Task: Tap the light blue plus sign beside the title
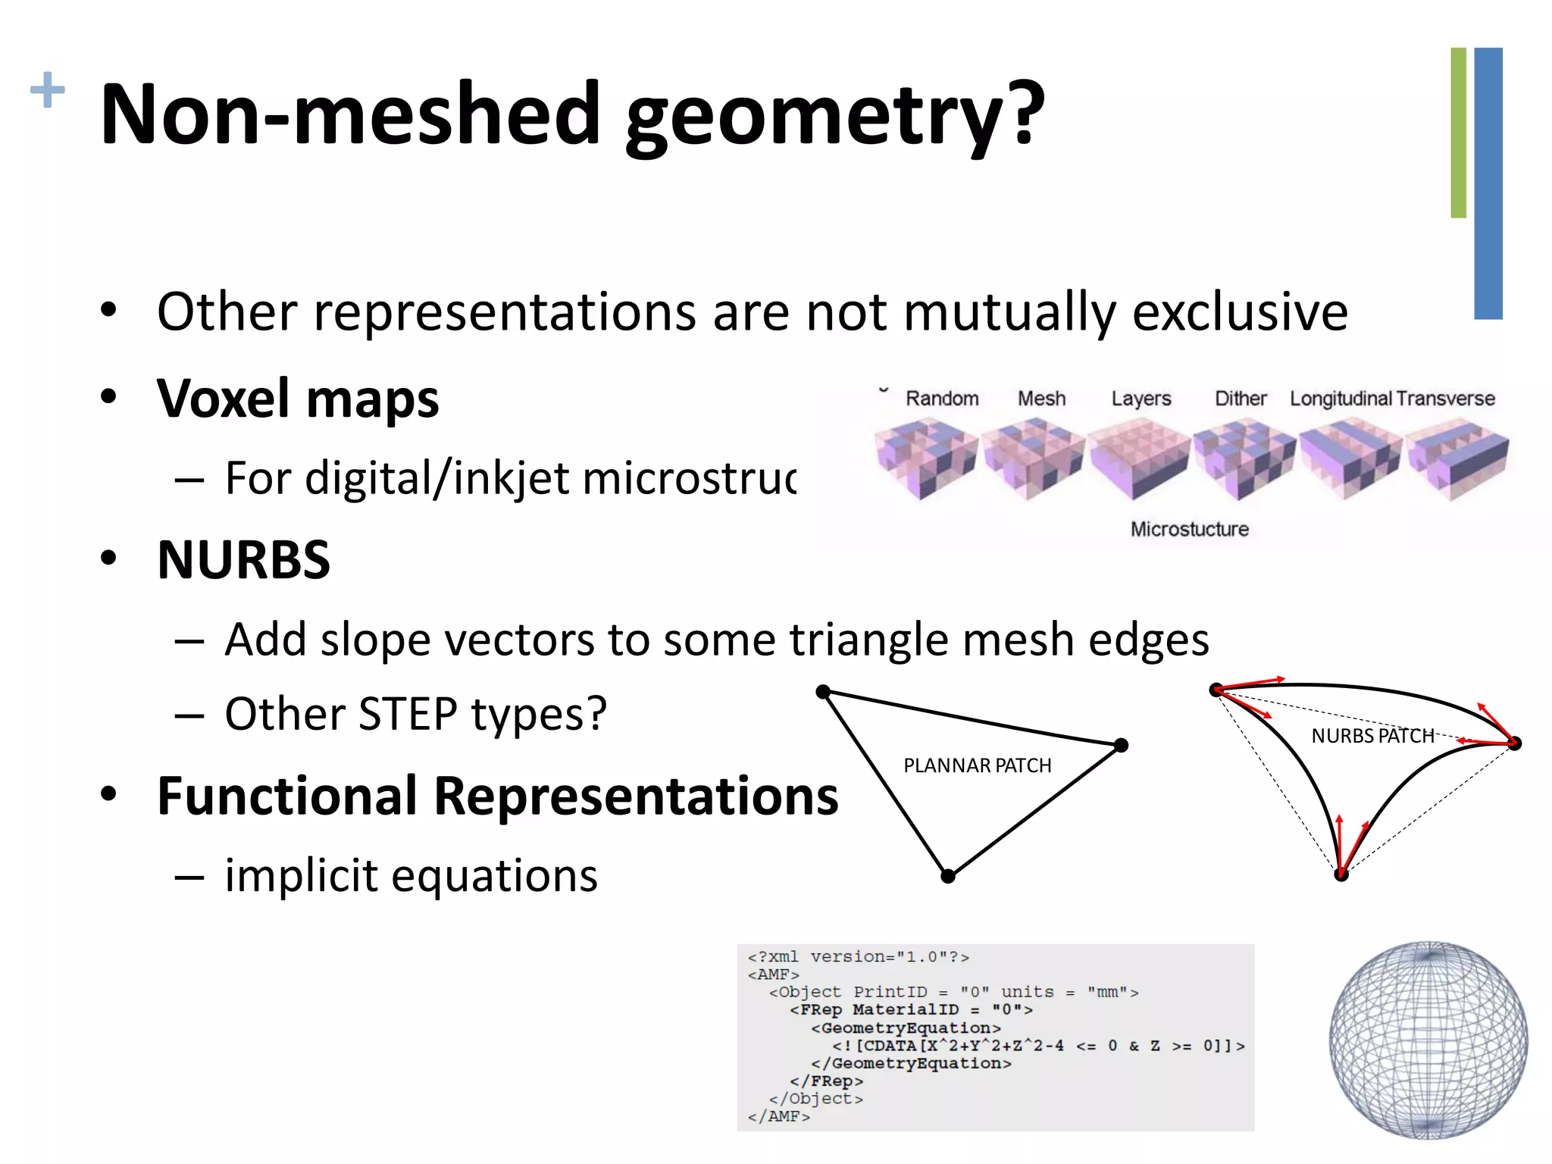[47, 90]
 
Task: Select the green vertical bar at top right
[1458, 133]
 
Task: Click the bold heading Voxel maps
[297, 399]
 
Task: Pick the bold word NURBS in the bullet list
[243, 561]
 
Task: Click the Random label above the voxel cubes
[942, 399]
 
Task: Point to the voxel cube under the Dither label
[1243, 459]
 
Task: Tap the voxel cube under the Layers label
[1139, 459]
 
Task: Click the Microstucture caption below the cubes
[1189, 529]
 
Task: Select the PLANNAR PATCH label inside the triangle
[977, 765]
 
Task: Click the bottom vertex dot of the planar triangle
[948, 876]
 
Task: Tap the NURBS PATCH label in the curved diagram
[1372, 736]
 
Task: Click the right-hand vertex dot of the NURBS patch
[1514, 743]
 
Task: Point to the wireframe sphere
[1428, 1040]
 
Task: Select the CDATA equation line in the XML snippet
[1038, 1046]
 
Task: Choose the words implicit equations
[411, 876]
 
